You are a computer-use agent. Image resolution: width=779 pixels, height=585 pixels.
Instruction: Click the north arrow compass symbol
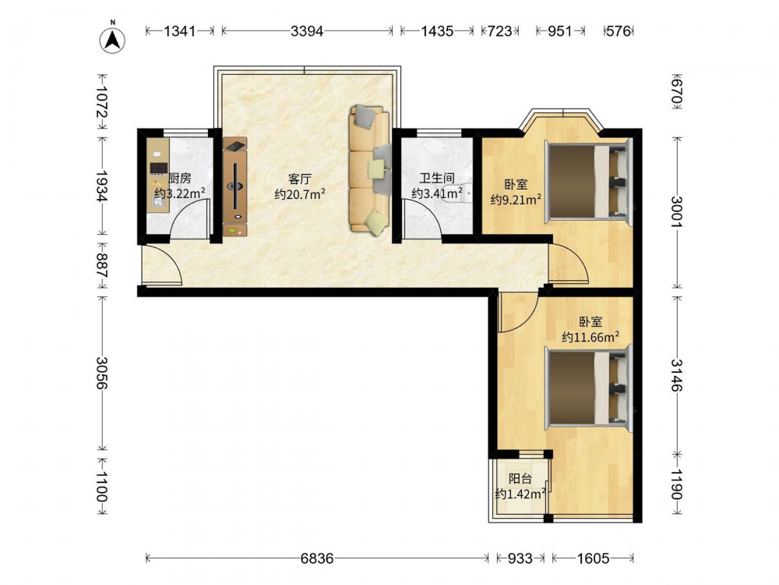point(112,39)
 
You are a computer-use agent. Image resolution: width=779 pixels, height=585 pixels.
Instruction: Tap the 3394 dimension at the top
point(307,31)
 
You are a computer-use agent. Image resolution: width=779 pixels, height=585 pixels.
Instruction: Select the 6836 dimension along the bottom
point(317,558)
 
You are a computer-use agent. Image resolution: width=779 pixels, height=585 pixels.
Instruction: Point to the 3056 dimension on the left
point(102,373)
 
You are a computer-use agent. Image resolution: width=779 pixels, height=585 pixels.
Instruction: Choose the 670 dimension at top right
point(677,93)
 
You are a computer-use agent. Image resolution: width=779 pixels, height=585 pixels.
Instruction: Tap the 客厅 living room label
point(300,179)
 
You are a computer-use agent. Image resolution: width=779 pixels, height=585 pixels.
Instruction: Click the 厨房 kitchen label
point(180,178)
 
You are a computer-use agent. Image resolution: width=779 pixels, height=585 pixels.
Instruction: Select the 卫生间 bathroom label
point(437,178)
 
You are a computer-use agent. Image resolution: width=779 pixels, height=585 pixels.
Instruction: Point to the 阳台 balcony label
point(520,479)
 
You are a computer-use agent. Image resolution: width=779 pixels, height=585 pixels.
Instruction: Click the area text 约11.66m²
point(590,337)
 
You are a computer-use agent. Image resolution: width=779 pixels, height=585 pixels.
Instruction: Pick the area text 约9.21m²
point(516,200)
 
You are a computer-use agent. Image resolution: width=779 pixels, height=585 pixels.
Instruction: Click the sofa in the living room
point(368,168)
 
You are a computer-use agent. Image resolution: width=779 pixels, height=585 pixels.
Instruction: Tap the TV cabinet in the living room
point(235,186)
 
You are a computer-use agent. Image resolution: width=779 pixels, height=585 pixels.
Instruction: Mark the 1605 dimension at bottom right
point(593,558)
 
